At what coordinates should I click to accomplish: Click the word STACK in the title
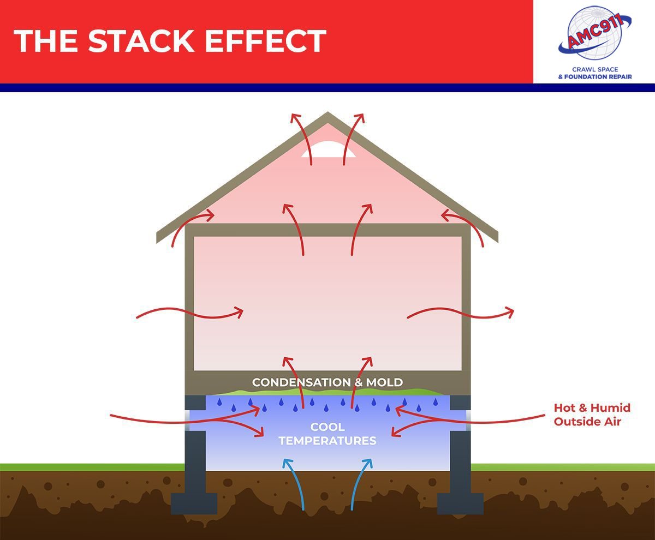point(141,41)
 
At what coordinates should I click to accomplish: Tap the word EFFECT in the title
point(266,41)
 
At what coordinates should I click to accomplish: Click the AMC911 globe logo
point(595,33)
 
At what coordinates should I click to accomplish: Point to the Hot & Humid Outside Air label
point(592,415)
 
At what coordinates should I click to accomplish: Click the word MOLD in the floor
point(384,382)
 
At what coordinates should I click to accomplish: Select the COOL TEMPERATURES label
point(327,434)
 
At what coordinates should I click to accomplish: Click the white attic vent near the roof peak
point(328,149)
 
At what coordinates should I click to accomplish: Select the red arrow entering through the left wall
point(190,314)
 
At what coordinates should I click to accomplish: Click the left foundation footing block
point(194,503)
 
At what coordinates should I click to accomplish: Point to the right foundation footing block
point(460,503)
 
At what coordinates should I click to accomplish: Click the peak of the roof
point(327,112)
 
